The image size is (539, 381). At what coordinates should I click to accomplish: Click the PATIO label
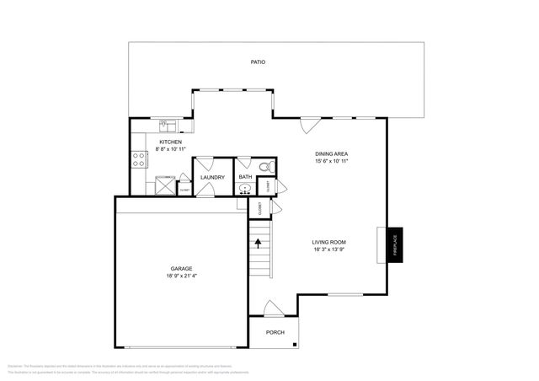(x=258, y=62)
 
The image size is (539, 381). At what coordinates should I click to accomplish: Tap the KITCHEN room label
(x=171, y=142)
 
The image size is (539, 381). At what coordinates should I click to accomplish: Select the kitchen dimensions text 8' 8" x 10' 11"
(x=171, y=150)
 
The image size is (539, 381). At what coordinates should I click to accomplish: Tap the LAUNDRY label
(x=212, y=177)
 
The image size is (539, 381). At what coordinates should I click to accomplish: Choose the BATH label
(x=245, y=177)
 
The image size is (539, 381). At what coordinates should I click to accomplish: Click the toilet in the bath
(x=263, y=165)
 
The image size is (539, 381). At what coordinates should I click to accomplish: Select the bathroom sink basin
(x=244, y=190)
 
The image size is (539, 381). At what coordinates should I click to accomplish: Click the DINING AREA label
(x=332, y=154)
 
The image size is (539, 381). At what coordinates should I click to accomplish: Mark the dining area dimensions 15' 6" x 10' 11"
(x=332, y=161)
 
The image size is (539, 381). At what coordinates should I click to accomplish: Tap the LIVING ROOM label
(x=329, y=242)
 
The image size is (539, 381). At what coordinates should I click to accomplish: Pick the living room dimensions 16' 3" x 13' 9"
(x=329, y=250)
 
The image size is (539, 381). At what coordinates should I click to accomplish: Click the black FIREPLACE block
(x=393, y=245)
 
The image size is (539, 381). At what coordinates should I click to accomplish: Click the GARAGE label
(x=182, y=268)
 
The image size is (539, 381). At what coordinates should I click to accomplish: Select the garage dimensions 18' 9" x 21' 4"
(x=182, y=276)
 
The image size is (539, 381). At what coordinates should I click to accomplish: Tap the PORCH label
(x=275, y=331)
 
